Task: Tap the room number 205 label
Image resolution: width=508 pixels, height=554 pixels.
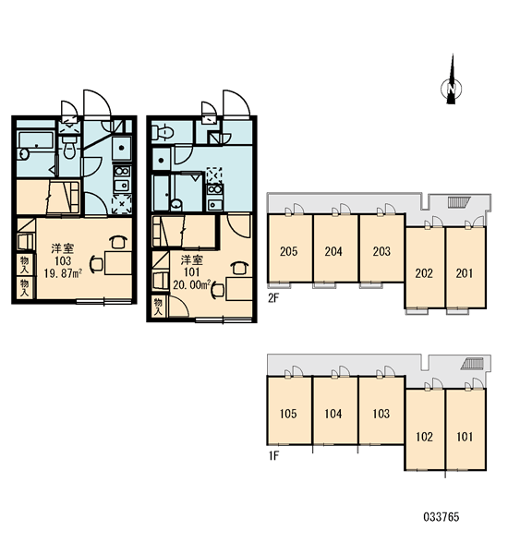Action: click(x=288, y=251)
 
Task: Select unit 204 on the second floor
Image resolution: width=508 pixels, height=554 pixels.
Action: click(x=333, y=251)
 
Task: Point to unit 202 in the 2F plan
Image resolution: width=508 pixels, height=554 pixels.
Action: click(x=424, y=273)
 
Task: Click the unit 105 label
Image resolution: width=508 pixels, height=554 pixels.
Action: click(x=288, y=414)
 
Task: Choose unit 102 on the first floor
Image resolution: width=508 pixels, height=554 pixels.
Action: click(x=424, y=437)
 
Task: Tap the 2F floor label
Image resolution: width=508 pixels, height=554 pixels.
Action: click(x=273, y=298)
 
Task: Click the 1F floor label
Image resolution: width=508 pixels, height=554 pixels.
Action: click(x=273, y=456)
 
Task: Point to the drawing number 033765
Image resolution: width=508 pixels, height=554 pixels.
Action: click(x=441, y=517)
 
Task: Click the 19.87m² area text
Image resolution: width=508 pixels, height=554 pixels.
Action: click(x=64, y=273)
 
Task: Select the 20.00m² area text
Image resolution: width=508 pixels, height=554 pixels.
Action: click(x=192, y=284)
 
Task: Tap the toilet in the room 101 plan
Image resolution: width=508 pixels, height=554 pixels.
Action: click(x=163, y=132)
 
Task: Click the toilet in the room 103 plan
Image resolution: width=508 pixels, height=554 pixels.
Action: click(x=69, y=149)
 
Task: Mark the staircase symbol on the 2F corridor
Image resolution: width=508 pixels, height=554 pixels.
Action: click(x=458, y=201)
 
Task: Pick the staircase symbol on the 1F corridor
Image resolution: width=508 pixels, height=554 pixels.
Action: click(x=472, y=363)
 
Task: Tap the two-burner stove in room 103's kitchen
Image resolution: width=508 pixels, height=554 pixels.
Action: click(x=122, y=172)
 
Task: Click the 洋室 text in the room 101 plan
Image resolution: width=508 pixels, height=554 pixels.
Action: click(x=192, y=260)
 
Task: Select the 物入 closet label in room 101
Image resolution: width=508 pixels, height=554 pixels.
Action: click(x=158, y=307)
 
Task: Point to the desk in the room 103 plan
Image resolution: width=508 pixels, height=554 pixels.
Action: click(x=118, y=263)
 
